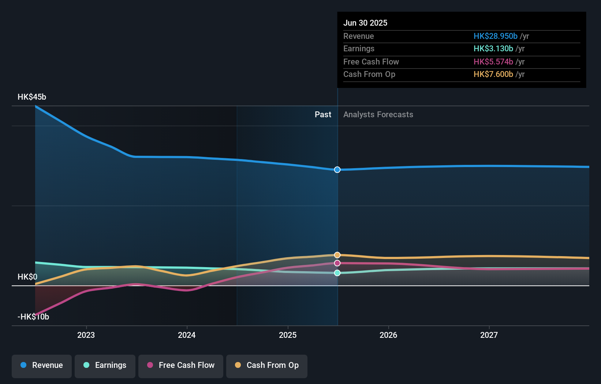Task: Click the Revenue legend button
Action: coord(42,366)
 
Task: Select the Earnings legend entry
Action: coord(105,366)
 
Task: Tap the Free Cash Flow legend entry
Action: coord(181,366)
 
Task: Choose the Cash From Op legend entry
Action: coord(267,366)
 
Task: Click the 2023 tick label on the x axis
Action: coord(86,335)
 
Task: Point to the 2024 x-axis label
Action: coord(187,335)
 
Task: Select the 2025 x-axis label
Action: coord(288,335)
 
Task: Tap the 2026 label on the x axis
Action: coord(388,335)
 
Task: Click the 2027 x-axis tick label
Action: coord(489,335)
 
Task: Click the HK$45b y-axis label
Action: coord(32,97)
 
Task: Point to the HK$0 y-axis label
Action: coord(27,277)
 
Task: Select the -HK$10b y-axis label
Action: coord(33,317)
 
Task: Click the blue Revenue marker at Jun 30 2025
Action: coord(337,170)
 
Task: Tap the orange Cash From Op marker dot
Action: coord(337,255)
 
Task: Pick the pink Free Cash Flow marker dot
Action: coord(337,263)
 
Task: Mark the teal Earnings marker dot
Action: coord(337,273)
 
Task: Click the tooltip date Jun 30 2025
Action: coord(365,23)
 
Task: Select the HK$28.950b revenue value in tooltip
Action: coord(495,36)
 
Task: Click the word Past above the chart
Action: coord(323,115)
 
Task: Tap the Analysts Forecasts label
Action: coord(378,115)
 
